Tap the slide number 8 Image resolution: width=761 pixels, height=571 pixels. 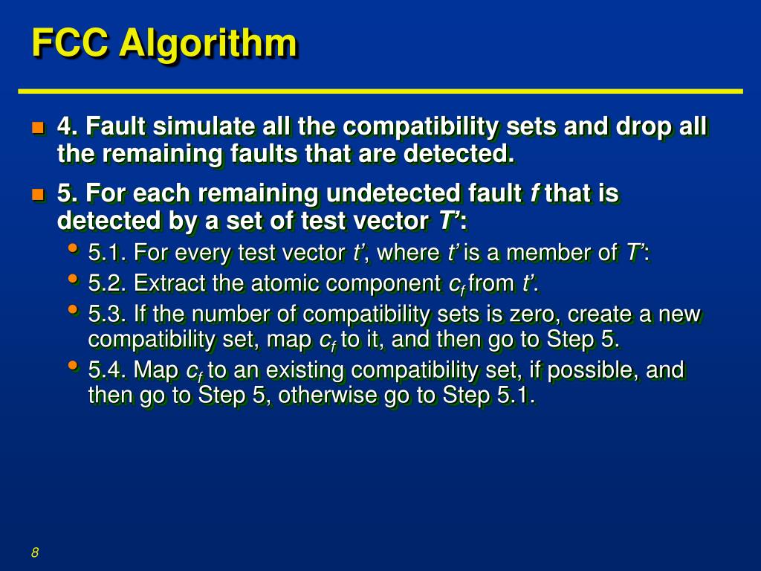pos(35,552)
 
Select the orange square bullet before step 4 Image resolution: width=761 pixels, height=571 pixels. pos(38,128)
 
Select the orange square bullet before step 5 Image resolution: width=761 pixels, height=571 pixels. pos(38,195)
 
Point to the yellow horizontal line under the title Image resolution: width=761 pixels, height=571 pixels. pos(380,91)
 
